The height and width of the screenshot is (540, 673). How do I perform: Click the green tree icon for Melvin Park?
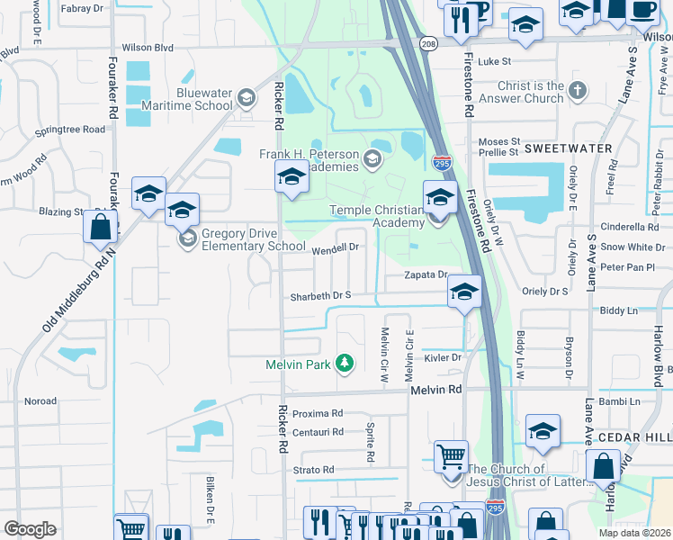click(343, 364)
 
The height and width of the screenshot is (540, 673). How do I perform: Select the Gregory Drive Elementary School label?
click(254, 238)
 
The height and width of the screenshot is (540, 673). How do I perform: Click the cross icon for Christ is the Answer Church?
click(578, 91)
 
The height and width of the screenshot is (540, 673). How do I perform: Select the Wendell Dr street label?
click(336, 247)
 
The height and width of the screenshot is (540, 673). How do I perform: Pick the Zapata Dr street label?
click(426, 274)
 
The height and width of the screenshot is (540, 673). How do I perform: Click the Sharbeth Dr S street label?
click(319, 296)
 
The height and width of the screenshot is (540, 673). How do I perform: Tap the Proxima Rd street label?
click(318, 413)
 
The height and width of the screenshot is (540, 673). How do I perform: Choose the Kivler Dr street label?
click(444, 357)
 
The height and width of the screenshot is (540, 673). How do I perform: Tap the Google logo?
click(30, 529)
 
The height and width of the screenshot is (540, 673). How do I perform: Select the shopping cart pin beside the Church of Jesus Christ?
click(451, 455)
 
